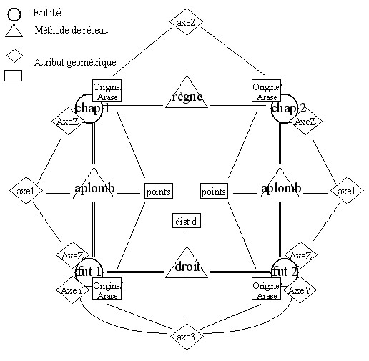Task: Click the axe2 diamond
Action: [x=187, y=22]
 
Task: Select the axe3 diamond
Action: [x=187, y=337]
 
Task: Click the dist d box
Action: [x=187, y=221]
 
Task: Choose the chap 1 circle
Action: [x=89, y=109]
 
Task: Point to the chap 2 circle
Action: [x=285, y=109]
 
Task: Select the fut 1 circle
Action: [x=89, y=272]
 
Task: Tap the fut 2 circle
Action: [x=285, y=272]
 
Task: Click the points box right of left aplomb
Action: [x=159, y=191]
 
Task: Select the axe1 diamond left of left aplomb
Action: [x=26, y=191]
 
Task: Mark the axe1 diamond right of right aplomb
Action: [x=347, y=191]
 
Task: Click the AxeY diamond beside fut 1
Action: [x=72, y=290]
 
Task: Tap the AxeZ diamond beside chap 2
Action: [x=305, y=122]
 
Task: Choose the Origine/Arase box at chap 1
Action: [x=107, y=91]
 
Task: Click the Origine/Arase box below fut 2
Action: [x=266, y=288]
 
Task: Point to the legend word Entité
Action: [x=46, y=13]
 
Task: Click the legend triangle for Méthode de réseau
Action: [x=14, y=31]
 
